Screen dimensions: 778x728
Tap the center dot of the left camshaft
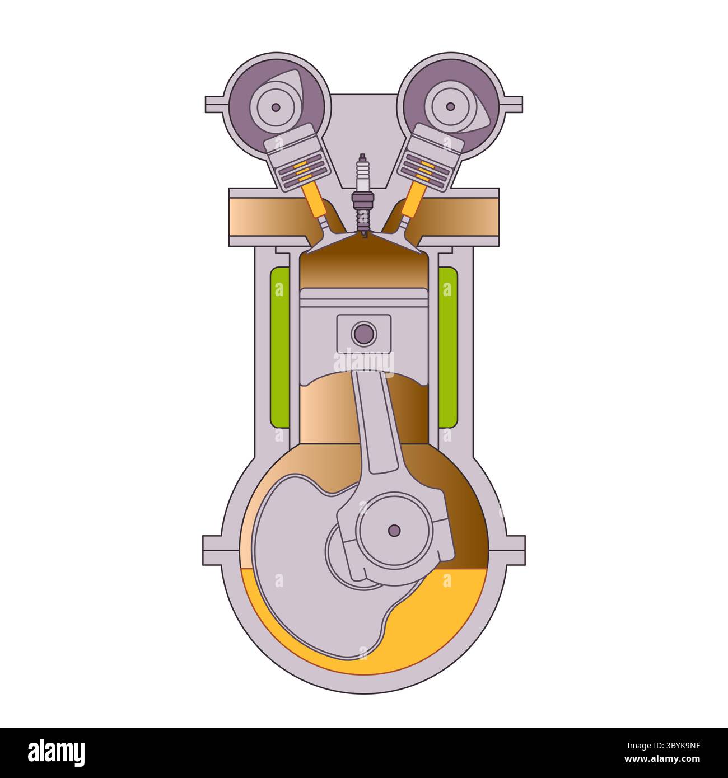pyautogui.click(x=276, y=106)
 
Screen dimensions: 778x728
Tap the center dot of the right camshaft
pyautogui.click(x=451, y=106)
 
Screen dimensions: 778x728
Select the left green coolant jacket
pyautogui.click(x=280, y=347)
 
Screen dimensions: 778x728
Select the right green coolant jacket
pyautogui.click(x=447, y=347)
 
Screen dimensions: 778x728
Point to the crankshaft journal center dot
pyautogui.click(x=394, y=530)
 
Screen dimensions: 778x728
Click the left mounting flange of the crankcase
pyautogui.click(x=216, y=550)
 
